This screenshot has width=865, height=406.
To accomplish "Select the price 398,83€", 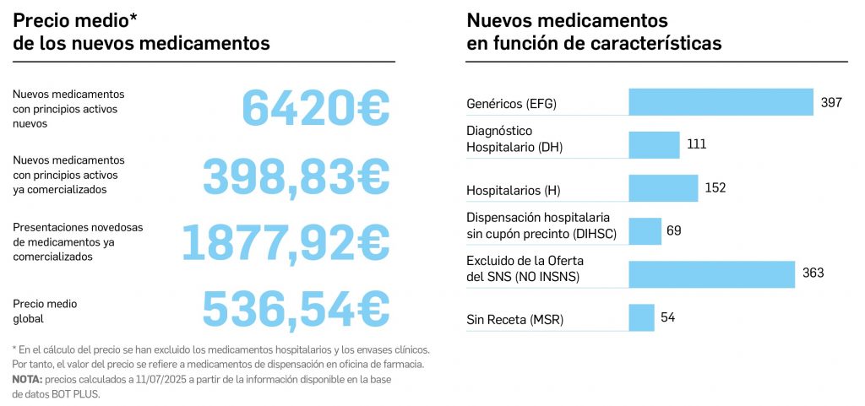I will pyautogui.click(x=296, y=175).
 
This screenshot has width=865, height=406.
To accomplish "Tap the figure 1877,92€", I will pyautogui.click(x=286, y=241).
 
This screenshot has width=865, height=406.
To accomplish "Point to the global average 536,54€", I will pyautogui.click(x=296, y=307).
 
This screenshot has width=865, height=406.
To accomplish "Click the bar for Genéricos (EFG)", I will pyautogui.click(x=721, y=102).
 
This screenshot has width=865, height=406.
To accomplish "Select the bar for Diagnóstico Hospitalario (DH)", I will pyautogui.click(x=654, y=145).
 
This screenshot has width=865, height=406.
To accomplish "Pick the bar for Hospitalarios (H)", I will pyautogui.click(x=663, y=188).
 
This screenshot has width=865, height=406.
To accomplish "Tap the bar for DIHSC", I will pyautogui.click(x=645, y=230).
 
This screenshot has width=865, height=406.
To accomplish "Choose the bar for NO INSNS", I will pyautogui.click(x=711, y=273).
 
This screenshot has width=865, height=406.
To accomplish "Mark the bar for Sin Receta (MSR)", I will pyautogui.click(x=641, y=317).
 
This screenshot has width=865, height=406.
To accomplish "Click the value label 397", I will pyautogui.click(x=831, y=102).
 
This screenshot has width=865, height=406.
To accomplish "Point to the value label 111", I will pyautogui.click(x=696, y=144).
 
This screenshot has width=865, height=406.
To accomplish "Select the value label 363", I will pyautogui.click(x=813, y=273).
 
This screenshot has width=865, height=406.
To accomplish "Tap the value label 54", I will pyautogui.click(x=667, y=317).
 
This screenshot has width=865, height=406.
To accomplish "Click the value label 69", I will pyautogui.click(x=673, y=230).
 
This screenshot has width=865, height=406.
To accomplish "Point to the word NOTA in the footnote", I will pyautogui.click(x=28, y=380).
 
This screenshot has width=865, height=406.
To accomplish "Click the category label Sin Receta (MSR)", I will pyautogui.click(x=514, y=320).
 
